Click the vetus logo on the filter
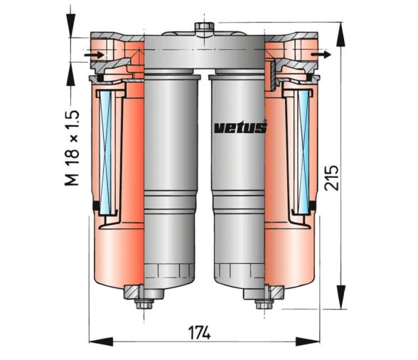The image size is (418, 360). pos(240,127)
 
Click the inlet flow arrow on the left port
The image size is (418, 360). pos(93,53)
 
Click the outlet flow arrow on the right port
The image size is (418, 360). pos(321,53)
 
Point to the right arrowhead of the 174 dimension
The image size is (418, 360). pos(316,342)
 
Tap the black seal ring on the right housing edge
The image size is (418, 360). pos(312,206)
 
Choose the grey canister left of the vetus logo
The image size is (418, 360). pos(171,178)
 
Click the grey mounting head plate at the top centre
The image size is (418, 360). pos(205,53)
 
